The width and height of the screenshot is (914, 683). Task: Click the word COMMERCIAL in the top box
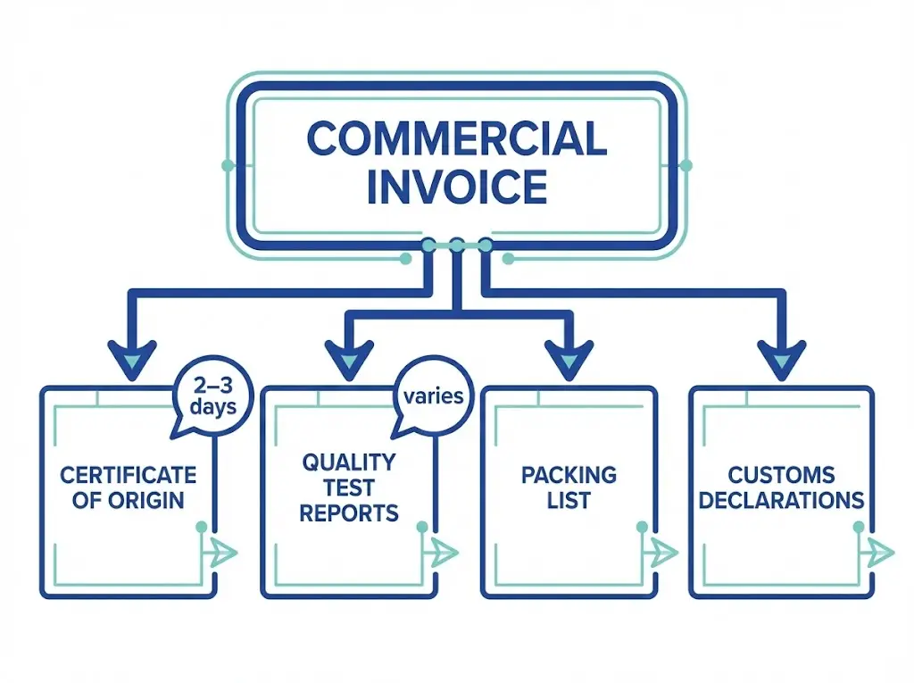pyautogui.click(x=456, y=139)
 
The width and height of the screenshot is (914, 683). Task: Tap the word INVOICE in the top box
pyautogui.click(x=456, y=187)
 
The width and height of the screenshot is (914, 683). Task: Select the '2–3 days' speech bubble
pyautogui.click(x=212, y=395)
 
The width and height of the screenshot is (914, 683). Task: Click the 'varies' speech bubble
pyautogui.click(x=433, y=396)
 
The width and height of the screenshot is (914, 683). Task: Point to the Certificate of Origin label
pyautogui.click(x=128, y=487)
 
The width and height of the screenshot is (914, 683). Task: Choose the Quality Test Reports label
pyautogui.click(x=348, y=487)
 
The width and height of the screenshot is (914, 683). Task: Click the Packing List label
pyautogui.click(x=569, y=487)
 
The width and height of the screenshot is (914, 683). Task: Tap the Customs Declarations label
pyautogui.click(x=781, y=487)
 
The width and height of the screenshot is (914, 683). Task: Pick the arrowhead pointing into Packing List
pyautogui.click(x=568, y=360)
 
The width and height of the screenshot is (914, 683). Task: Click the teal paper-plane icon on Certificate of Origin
pyautogui.click(x=223, y=553)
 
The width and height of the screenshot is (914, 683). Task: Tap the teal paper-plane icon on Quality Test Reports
pyautogui.click(x=444, y=553)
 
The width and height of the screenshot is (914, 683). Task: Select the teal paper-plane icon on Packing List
pyautogui.click(x=663, y=553)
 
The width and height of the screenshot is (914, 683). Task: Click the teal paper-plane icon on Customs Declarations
pyautogui.click(x=879, y=551)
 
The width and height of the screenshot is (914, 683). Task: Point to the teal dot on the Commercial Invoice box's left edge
pyautogui.click(x=228, y=165)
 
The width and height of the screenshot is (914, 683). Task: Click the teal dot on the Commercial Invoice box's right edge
pyautogui.click(x=685, y=165)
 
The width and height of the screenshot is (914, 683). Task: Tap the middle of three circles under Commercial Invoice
pyautogui.click(x=457, y=245)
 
